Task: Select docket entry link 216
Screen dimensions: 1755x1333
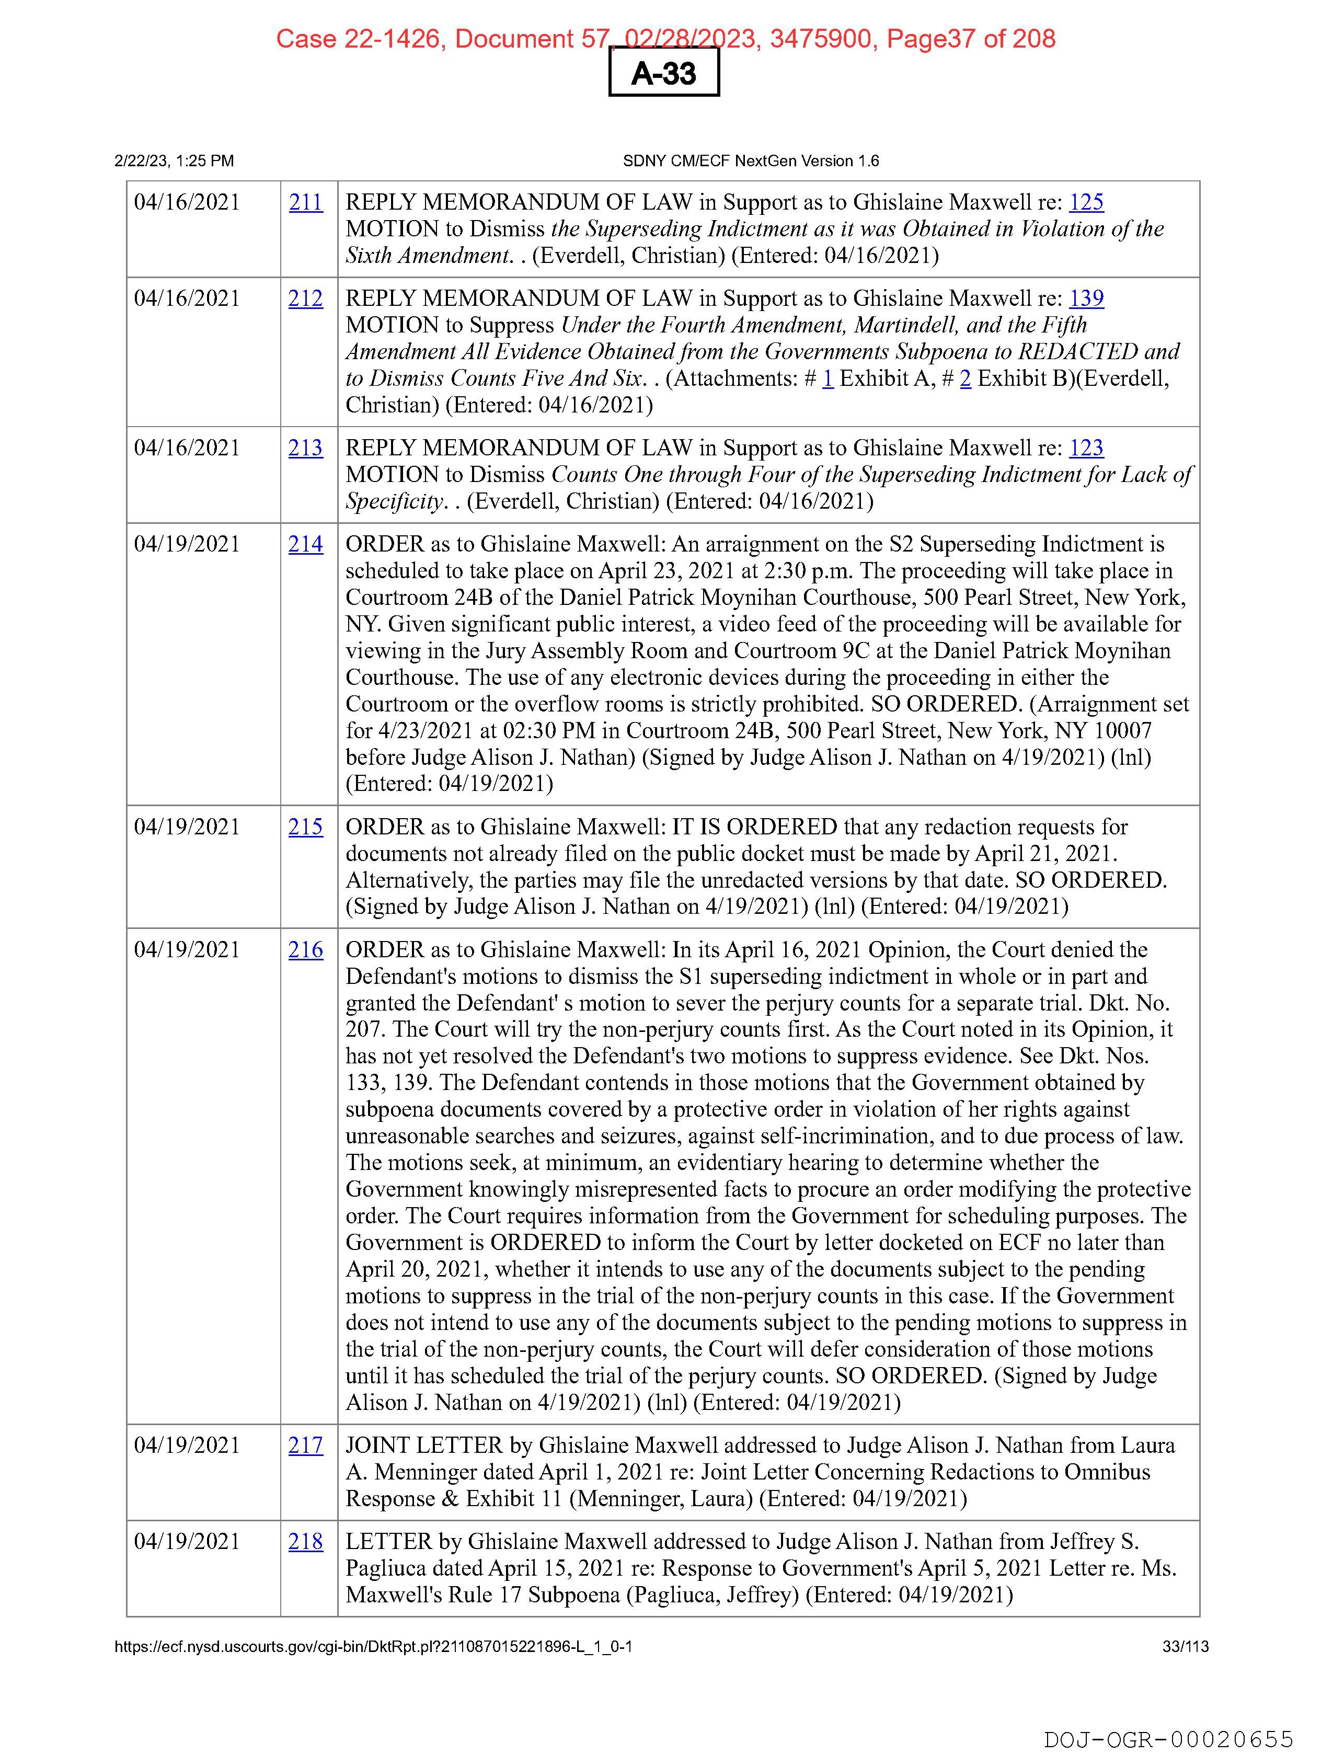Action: (x=305, y=950)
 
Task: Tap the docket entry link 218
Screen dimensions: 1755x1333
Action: (x=305, y=1542)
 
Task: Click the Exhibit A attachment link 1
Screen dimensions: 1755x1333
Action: (x=828, y=378)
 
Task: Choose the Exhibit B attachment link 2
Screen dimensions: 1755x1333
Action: (x=966, y=378)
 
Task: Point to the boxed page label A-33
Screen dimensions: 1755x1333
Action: (x=664, y=73)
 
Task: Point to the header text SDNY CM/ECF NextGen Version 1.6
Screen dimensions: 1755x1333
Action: (x=751, y=161)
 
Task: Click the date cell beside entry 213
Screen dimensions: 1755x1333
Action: (x=187, y=448)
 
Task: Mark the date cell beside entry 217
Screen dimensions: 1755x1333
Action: (x=187, y=1446)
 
